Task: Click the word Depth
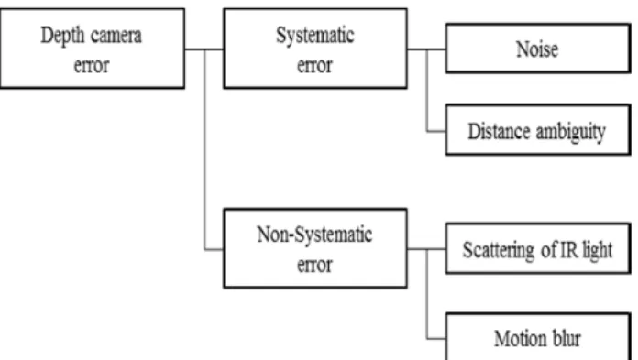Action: pyautogui.click(x=62, y=36)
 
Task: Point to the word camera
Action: pyautogui.click(x=116, y=36)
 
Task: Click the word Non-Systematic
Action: pyautogui.click(x=314, y=235)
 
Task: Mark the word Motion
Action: pyautogui.click(x=520, y=338)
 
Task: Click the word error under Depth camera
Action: pyautogui.click(x=92, y=66)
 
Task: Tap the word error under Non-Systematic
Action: pyautogui.click(x=315, y=266)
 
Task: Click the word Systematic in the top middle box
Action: pyautogui.click(x=315, y=36)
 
